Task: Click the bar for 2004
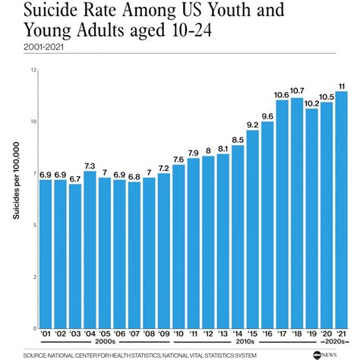pos(90,250)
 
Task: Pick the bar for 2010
pos(178,246)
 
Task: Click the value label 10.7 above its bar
pos(297,91)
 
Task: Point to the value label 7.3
pos(90,166)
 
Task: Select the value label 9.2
pos(253,125)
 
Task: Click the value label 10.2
pos(312,103)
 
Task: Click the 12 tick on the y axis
pos(33,70)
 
